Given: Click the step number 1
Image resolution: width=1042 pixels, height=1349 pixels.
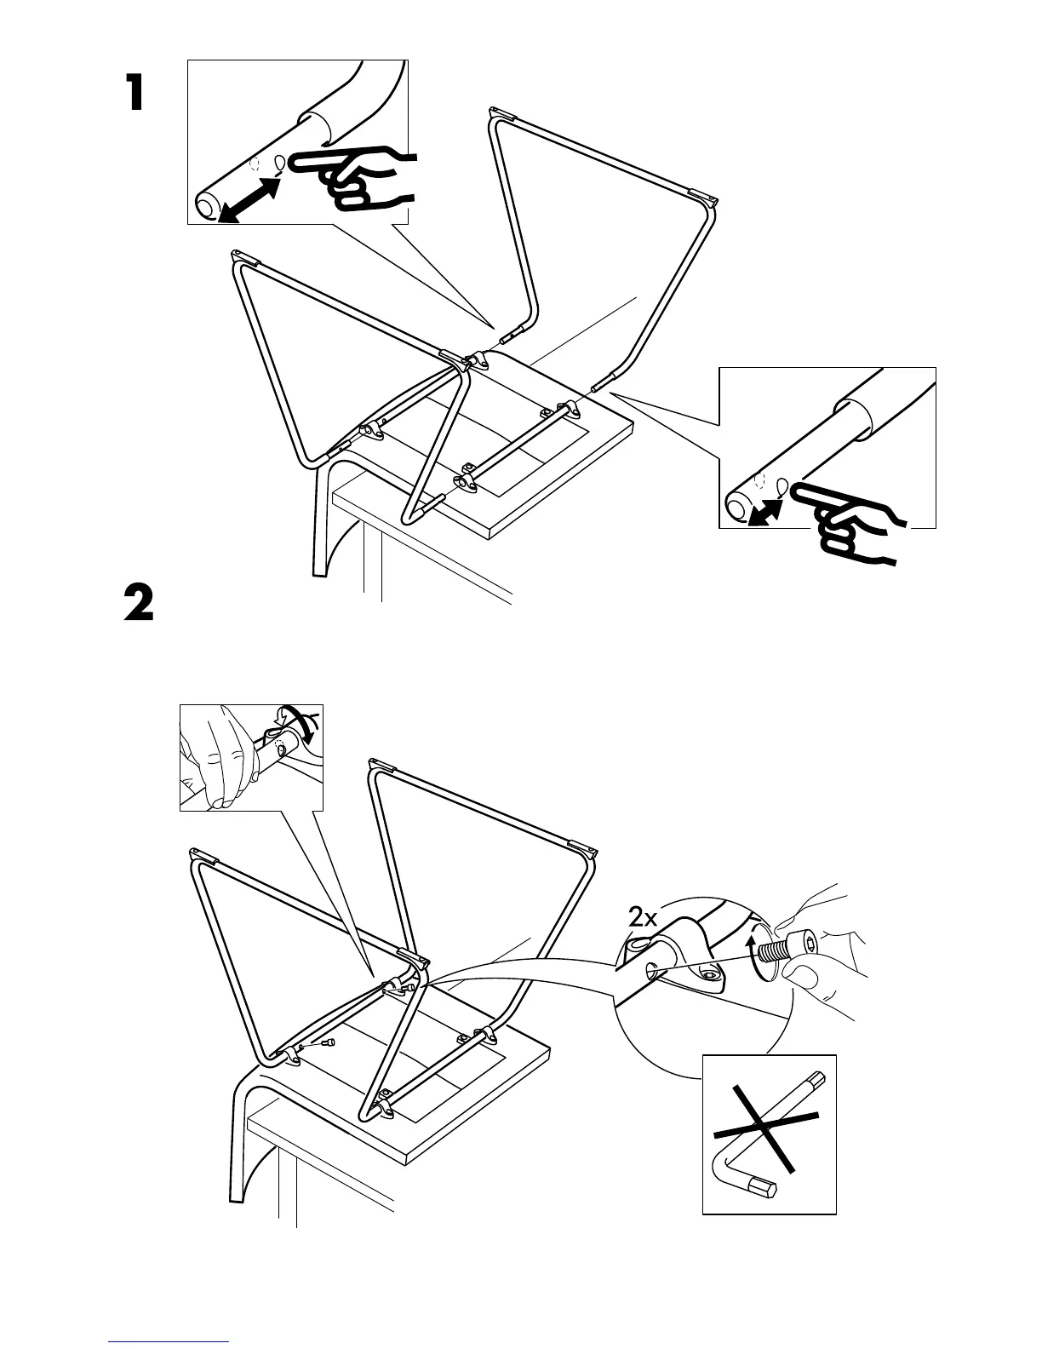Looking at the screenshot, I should pyautogui.click(x=135, y=93).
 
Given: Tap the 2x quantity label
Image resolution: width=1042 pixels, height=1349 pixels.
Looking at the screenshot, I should pyautogui.click(x=643, y=918).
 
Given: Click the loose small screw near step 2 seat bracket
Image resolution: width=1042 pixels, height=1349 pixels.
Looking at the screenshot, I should pyautogui.click(x=329, y=1042).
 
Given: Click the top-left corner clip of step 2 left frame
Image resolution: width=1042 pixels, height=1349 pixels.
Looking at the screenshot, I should pyautogui.click(x=198, y=854).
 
